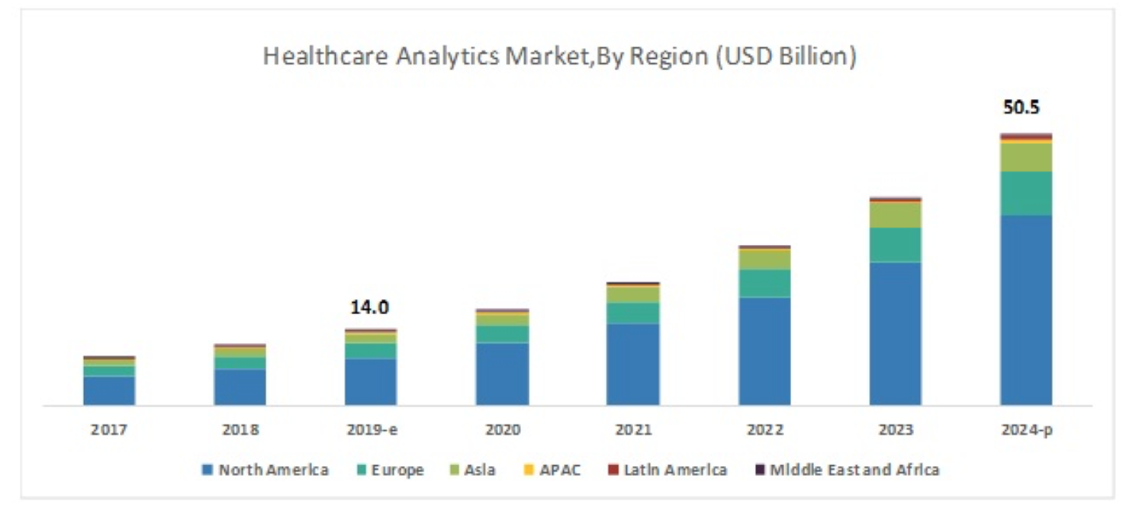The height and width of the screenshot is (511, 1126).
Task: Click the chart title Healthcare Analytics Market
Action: tap(559, 57)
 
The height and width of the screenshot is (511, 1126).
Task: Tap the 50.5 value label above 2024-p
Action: tap(1021, 108)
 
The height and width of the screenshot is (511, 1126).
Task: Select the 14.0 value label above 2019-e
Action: tap(370, 307)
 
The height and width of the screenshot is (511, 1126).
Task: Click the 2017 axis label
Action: tap(109, 429)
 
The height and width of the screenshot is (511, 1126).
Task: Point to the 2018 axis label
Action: tap(240, 429)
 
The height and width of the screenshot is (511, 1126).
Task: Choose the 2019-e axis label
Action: tap(371, 429)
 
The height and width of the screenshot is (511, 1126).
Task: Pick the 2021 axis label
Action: tap(633, 429)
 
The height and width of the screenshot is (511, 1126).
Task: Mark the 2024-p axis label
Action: tap(1026, 429)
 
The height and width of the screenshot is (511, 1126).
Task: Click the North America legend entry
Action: tap(265, 470)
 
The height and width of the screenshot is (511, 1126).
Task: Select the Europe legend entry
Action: tap(389, 470)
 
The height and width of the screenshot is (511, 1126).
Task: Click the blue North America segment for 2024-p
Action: tap(1026, 310)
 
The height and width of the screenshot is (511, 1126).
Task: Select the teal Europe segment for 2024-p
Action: tap(1026, 193)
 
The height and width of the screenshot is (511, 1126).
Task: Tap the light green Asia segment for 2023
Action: tap(895, 215)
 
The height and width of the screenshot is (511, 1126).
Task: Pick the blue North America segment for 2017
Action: tap(109, 390)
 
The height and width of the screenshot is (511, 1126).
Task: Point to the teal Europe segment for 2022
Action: tap(764, 283)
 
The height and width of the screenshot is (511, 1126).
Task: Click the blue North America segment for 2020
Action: tap(502, 374)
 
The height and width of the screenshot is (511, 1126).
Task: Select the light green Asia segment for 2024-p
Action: tap(1026, 157)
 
